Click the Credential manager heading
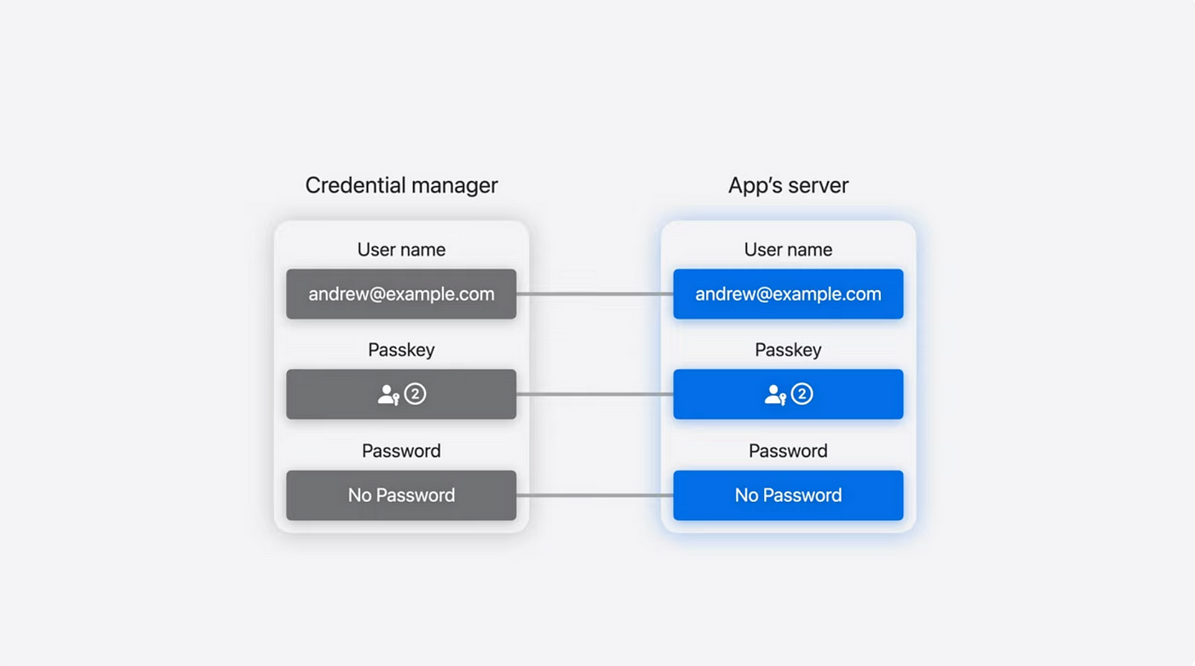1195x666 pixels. (401, 186)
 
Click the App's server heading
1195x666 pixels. (788, 186)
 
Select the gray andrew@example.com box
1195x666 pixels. (401, 294)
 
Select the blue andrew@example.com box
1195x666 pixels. (788, 294)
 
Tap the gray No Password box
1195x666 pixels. (401, 495)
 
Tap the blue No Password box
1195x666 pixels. (788, 495)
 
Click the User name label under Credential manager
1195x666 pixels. (401, 249)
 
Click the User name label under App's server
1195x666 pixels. (788, 249)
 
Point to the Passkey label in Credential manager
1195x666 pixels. (401, 351)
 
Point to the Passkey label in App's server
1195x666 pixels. (788, 351)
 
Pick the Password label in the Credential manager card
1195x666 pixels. (401, 451)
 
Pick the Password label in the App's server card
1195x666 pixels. (788, 451)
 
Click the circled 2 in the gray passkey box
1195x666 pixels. (415, 394)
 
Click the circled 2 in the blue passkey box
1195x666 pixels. (802, 394)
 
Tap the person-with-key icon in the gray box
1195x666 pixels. (388, 395)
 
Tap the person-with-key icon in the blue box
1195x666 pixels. (775, 395)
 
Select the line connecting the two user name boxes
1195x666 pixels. (595, 294)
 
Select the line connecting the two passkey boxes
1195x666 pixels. (595, 394)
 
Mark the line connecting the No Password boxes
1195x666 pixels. (595, 495)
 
